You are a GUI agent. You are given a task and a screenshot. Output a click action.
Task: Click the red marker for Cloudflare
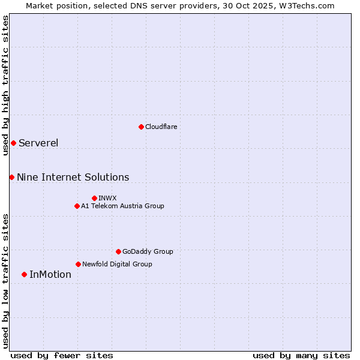(141, 127)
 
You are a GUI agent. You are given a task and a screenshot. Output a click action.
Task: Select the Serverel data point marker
(13, 143)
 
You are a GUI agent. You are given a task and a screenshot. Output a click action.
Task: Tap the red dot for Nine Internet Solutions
(11, 177)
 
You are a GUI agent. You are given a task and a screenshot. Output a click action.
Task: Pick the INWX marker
(94, 198)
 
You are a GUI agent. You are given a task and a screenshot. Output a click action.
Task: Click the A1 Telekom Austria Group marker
(77, 206)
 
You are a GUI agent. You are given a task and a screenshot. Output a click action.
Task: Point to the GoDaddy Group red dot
(118, 251)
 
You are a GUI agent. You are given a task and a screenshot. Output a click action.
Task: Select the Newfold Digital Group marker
(78, 264)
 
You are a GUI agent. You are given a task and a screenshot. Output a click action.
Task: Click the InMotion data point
(24, 274)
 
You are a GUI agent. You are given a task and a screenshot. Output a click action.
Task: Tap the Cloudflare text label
(161, 127)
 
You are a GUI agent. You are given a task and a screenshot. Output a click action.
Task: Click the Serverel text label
(38, 143)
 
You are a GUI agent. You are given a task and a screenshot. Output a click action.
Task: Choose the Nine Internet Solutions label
(73, 177)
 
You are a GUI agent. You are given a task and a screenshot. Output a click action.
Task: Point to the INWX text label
(107, 198)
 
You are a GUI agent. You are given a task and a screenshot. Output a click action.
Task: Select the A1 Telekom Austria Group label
(122, 206)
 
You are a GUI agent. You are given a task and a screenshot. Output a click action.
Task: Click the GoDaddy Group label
(148, 251)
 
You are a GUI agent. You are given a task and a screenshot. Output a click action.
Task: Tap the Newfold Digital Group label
(117, 264)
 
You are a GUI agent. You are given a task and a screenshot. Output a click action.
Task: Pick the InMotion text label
(50, 274)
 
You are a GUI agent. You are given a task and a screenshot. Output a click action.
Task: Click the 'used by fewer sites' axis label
(62, 355)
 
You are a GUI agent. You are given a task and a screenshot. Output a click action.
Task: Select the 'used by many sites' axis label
(301, 355)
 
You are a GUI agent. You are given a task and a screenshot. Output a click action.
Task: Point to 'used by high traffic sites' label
(5, 85)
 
